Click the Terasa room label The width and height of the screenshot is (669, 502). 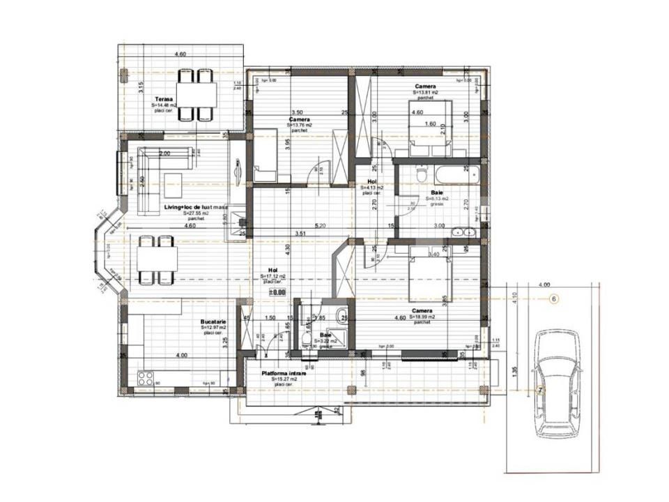pos(165,100)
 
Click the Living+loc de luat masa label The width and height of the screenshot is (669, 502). pos(196,208)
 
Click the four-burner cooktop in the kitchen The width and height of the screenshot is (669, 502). pos(146,379)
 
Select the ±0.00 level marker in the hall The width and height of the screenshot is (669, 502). pos(279,293)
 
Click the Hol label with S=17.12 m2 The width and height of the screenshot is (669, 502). pos(274,271)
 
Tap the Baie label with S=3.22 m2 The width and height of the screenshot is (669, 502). pos(325,335)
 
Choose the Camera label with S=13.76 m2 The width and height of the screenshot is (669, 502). pos(300,119)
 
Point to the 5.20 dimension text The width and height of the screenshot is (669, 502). pos(320,225)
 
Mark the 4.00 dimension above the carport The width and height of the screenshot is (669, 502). pos(544,284)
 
